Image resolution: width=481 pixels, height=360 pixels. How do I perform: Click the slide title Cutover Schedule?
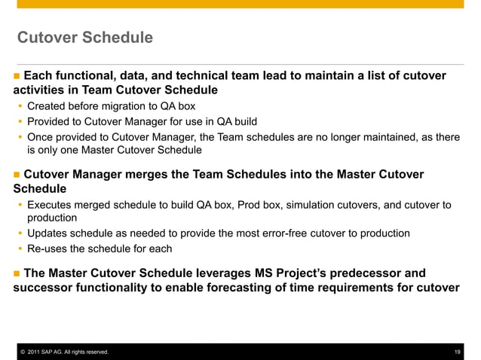[84, 37]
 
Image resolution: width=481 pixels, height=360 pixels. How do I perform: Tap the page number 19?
[458, 352]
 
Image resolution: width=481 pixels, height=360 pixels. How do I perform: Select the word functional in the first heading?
[91, 76]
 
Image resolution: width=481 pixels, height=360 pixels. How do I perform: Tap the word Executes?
[51, 205]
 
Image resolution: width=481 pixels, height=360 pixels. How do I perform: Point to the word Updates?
[49, 233]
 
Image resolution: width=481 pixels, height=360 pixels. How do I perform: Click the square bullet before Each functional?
[17, 77]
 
